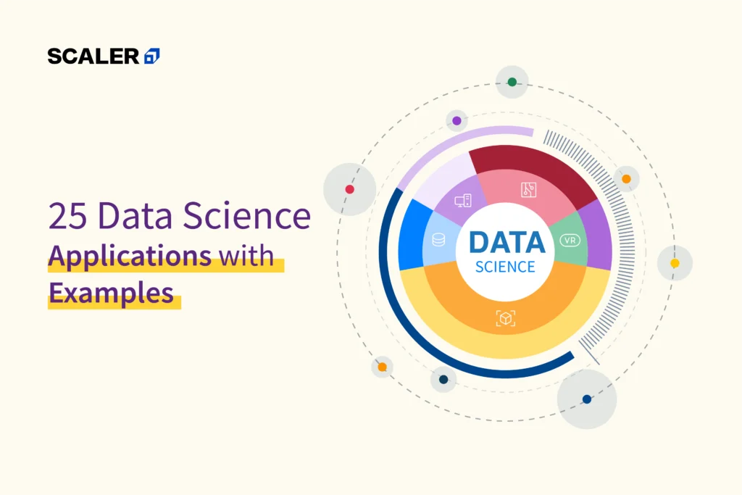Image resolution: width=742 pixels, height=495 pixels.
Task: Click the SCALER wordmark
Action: click(93, 56)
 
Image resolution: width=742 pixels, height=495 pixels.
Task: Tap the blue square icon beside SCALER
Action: click(152, 56)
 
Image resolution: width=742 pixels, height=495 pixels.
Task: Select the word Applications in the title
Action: click(130, 256)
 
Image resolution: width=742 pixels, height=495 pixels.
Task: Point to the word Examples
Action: click(111, 294)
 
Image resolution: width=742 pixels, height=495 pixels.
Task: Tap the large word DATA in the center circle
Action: click(507, 243)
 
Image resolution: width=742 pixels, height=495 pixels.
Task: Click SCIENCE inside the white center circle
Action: click(505, 267)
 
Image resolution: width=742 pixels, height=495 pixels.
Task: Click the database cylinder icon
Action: click(438, 239)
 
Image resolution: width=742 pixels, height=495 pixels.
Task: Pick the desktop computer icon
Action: click(463, 201)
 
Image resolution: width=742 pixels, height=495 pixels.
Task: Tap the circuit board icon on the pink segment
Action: click(529, 190)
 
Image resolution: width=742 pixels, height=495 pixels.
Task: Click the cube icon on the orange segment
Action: click(505, 317)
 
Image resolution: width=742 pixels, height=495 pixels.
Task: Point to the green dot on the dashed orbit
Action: click(512, 82)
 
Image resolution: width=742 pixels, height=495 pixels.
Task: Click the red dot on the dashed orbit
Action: click(349, 189)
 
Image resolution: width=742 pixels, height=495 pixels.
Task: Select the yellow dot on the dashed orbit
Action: click(675, 263)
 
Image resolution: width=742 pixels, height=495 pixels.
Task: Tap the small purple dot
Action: click(457, 120)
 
